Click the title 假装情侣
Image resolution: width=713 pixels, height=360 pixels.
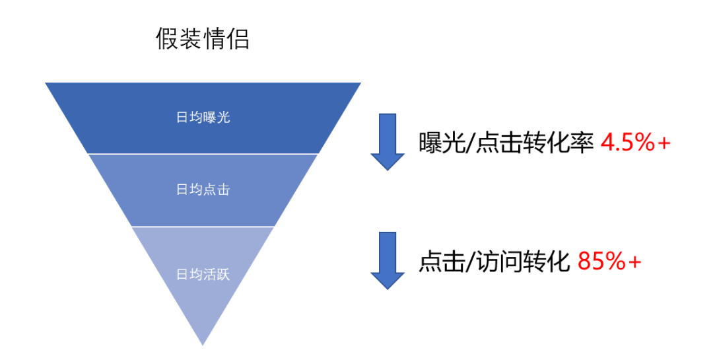203,39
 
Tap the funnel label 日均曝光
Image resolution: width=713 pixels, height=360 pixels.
203,118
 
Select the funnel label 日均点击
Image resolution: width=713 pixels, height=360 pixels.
203,190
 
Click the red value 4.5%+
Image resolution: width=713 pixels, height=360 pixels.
635,143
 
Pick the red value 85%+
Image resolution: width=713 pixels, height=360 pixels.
609,262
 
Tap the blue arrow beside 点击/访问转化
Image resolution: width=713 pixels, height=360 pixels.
387,260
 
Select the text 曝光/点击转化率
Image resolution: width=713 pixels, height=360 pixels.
506,143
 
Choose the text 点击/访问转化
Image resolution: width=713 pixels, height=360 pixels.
494,262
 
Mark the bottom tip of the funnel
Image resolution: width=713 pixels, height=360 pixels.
203,343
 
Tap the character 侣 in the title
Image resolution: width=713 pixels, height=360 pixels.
238,39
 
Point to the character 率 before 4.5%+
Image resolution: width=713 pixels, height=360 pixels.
582,143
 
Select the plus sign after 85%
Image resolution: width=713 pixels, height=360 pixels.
634,263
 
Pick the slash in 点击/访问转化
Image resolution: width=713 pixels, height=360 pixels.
471,263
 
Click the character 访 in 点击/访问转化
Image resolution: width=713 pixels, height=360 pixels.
492,262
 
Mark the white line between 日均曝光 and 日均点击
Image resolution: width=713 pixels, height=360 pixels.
203,154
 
